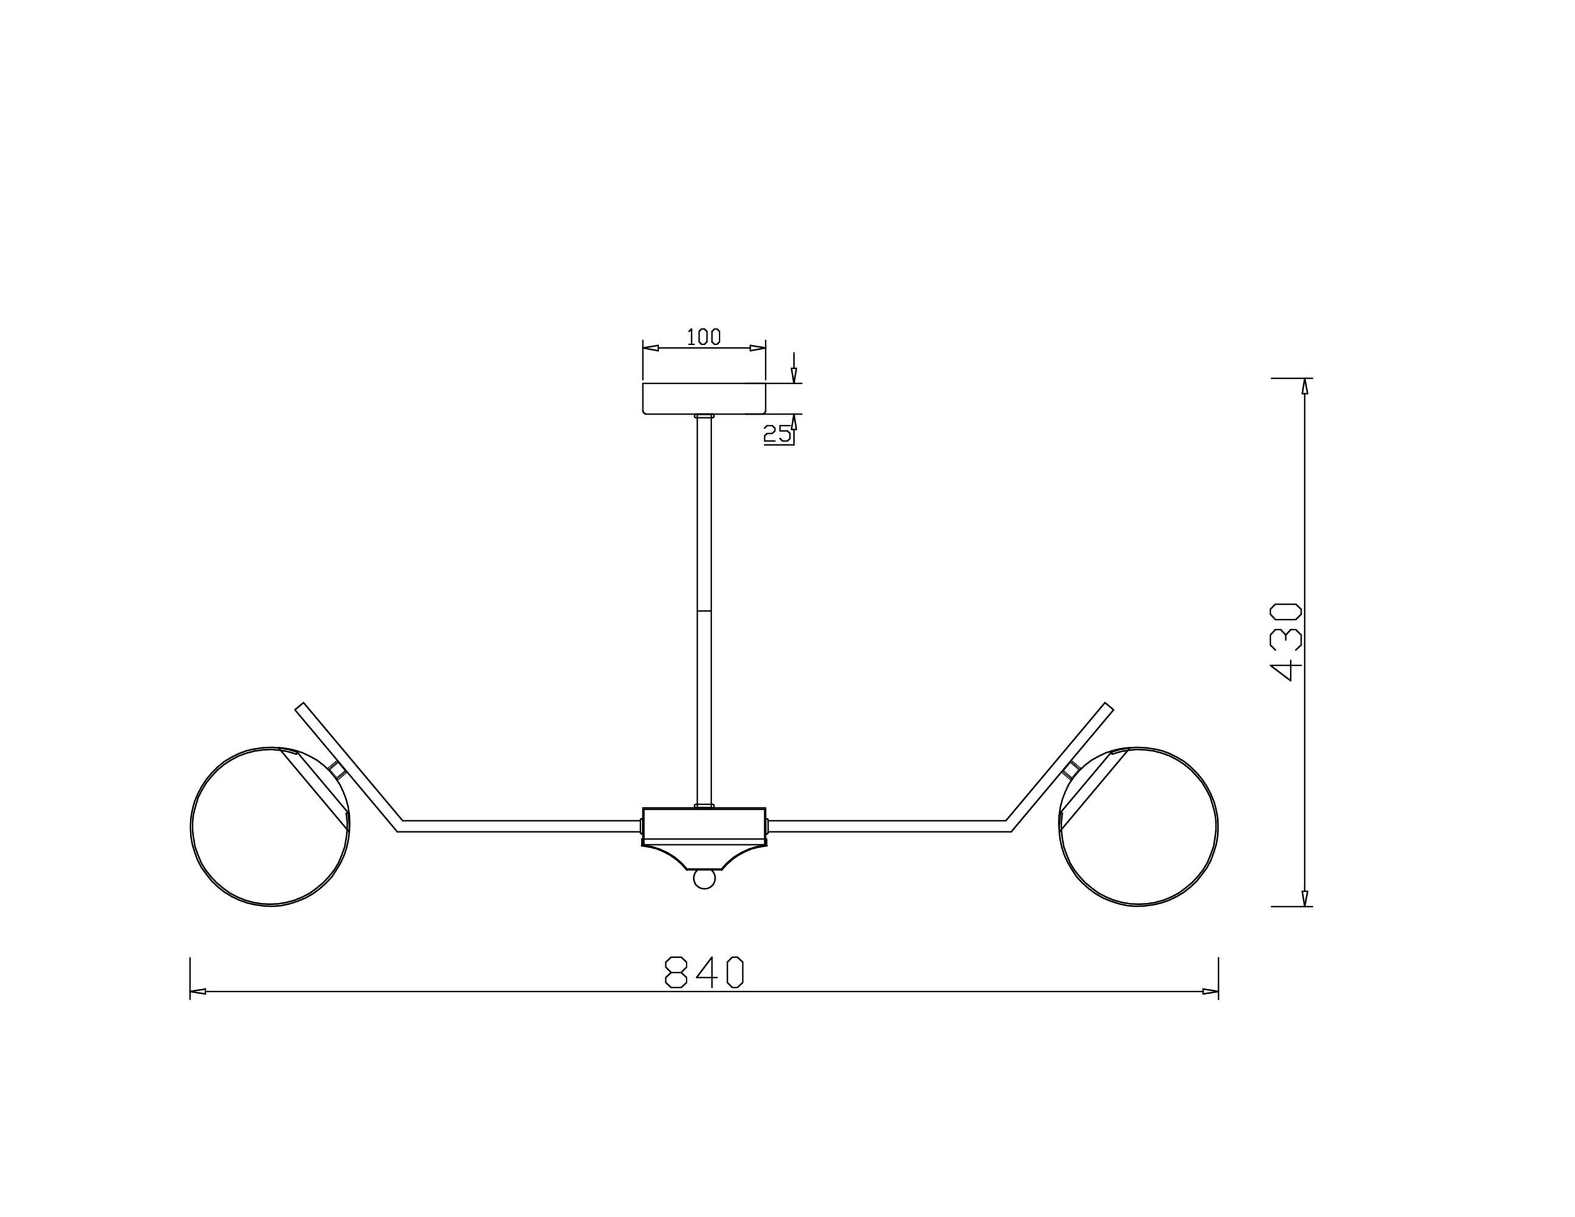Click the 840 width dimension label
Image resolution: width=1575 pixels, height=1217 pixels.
pyautogui.click(x=704, y=972)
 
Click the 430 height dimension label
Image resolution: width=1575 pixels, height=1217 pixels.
pyautogui.click(x=1285, y=642)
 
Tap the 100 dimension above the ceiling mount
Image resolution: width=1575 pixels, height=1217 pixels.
pyautogui.click(x=704, y=337)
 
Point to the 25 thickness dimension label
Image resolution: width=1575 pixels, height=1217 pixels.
pyautogui.click(x=777, y=434)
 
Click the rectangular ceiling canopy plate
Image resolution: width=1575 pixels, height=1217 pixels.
pyautogui.click(x=704, y=399)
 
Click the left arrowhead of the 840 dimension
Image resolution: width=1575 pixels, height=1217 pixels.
pyautogui.click(x=198, y=991)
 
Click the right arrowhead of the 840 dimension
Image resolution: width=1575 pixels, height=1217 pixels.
pyautogui.click(x=1210, y=991)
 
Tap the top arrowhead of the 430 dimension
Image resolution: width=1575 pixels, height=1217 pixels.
pyautogui.click(x=1305, y=386)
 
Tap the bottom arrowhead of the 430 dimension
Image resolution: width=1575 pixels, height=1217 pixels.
pyautogui.click(x=1305, y=898)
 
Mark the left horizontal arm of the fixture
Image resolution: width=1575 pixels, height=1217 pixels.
pyautogui.click(x=519, y=826)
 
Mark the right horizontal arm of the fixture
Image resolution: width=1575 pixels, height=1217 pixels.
pyautogui.click(x=887, y=826)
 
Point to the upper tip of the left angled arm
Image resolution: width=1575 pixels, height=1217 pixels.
pyautogui.click(x=300, y=707)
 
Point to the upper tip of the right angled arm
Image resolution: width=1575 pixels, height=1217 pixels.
pyautogui.click(x=1108, y=707)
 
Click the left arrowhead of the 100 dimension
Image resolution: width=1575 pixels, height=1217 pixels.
pyautogui.click(x=651, y=348)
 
